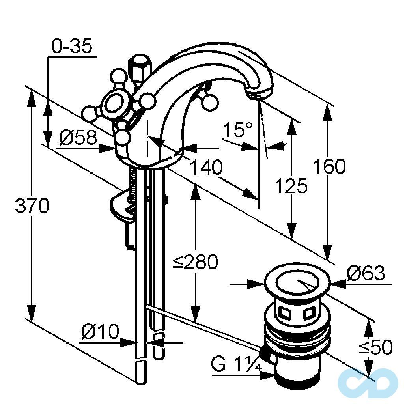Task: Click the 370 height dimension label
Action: pyautogui.click(x=32, y=206)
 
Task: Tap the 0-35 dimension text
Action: pyautogui.click(x=72, y=47)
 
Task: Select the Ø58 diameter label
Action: pyautogui.click(x=78, y=138)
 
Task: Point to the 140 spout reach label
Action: pyautogui.click(x=206, y=167)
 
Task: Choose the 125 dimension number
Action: pyautogui.click(x=291, y=185)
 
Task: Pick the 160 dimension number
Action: pyautogui.click(x=329, y=166)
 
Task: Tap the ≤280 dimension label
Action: pyautogui.click(x=196, y=261)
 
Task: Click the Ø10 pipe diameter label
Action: pyautogui.click(x=100, y=332)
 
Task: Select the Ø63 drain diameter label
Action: pyautogui.click(x=366, y=273)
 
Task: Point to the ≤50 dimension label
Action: pyautogui.click(x=375, y=347)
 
